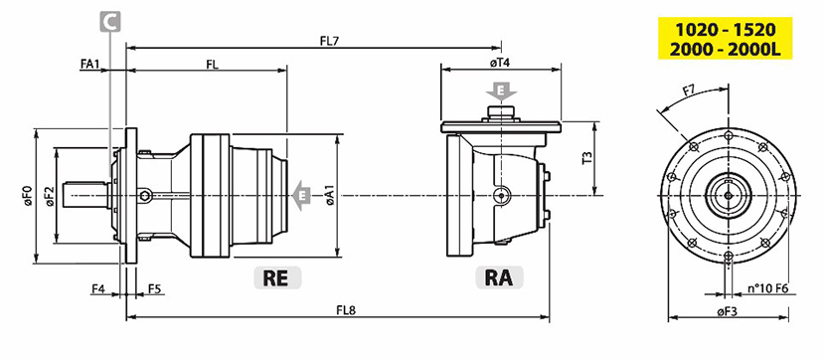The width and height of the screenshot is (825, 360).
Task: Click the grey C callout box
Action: pos(110,22)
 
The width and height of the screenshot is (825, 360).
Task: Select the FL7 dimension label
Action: pos(329,41)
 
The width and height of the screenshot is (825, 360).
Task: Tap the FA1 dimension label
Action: pos(90,64)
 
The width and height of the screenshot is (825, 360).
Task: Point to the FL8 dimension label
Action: pos(346,310)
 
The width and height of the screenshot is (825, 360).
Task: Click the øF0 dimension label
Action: pos(28,196)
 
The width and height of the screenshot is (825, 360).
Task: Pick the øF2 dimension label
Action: pos(50,196)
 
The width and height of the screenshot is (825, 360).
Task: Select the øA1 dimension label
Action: pos(330,195)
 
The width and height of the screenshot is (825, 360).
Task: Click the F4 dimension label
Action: pos(98,288)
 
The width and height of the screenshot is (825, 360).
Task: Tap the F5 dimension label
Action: pos(154,288)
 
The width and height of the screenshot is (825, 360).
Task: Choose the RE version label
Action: pos(277,277)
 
